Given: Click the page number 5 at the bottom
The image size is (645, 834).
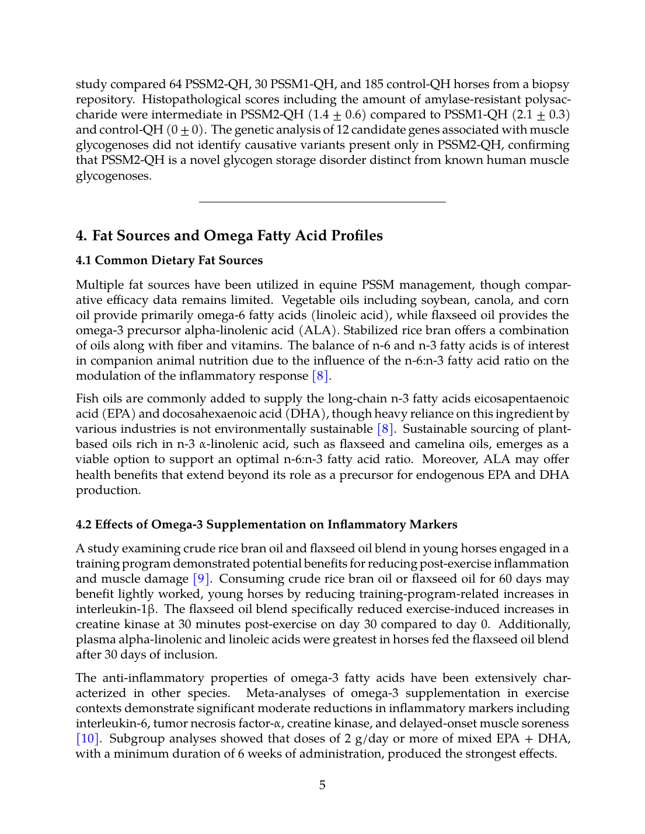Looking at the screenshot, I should click(x=322, y=785).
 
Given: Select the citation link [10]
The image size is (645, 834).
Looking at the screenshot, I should click(x=88, y=739).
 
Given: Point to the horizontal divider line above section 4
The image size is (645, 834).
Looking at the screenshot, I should click(x=322, y=202).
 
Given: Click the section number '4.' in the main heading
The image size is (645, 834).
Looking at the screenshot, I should click(x=82, y=236).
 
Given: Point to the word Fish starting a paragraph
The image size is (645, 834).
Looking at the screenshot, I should click(x=88, y=399).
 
